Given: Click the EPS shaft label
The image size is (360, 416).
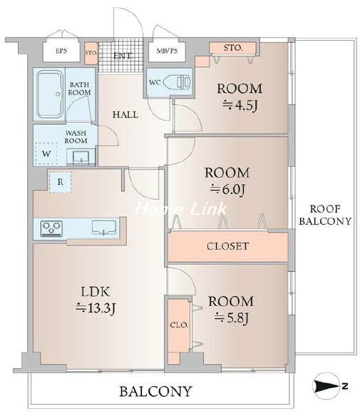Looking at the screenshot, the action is point(61,51).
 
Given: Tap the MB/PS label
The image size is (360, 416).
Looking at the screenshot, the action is point(167,51).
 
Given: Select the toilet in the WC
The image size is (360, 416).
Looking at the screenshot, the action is point(177,82).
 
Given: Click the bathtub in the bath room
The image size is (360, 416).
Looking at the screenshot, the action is point(50,94).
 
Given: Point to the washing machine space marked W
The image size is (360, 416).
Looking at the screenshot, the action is point(46,153).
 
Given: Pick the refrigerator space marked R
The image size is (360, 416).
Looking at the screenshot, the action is point(60,182).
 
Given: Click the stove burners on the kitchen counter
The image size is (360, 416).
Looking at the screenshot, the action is point(51,228).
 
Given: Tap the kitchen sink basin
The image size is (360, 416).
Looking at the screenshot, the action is point(104,228).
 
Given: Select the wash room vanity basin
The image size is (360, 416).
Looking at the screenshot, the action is point(81,157).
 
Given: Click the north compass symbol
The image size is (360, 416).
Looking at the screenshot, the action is point(329,386).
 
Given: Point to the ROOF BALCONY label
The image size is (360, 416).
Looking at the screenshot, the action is point(325,215).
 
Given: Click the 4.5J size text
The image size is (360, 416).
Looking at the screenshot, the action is point(240,106).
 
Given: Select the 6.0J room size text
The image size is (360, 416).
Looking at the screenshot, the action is point(227,190).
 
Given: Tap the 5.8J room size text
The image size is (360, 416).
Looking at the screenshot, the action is point(231,318).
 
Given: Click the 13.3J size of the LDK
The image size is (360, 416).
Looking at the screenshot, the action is point(96,308).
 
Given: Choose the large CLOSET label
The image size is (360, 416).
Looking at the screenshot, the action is point(227,246).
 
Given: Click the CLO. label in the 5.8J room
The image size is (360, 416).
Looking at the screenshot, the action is point(179,325).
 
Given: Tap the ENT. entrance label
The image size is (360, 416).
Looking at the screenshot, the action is point(123,56).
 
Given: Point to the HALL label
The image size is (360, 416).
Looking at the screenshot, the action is point(125,115).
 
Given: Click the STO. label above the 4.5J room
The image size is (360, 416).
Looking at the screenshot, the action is point(233,48).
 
